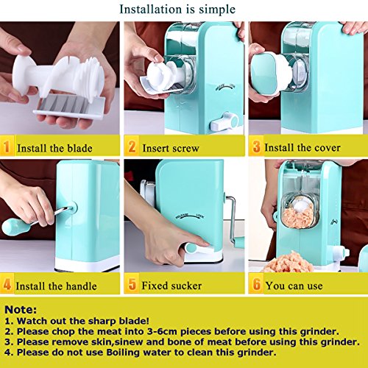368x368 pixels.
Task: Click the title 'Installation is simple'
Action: pyautogui.click(x=177, y=10)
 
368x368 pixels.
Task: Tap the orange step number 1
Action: pyautogui.click(x=7, y=146)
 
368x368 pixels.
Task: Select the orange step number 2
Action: pyautogui.click(x=132, y=146)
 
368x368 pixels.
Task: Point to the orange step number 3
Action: pyautogui.click(x=256, y=146)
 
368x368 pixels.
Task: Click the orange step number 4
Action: pyautogui.click(x=7, y=285)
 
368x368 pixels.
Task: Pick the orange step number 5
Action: pyautogui.click(x=132, y=284)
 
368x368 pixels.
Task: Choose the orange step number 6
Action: pyautogui.click(x=257, y=284)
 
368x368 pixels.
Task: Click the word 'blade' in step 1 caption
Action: pyautogui.click(x=79, y=149)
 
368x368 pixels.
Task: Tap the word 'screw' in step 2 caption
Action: pyautogui.click(x=185, y=149)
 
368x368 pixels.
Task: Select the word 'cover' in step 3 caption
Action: pyautogui.click(x=327, y=148)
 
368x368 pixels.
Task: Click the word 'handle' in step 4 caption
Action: pyautogui.click(x=81, y=286)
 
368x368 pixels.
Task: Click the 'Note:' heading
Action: pyautogui.click(x=21, y=310)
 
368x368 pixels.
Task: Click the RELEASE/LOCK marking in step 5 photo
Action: pyautogui.click(x=190, y=216)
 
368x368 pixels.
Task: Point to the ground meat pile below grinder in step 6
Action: pyautogui.click(x=287, y=262)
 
